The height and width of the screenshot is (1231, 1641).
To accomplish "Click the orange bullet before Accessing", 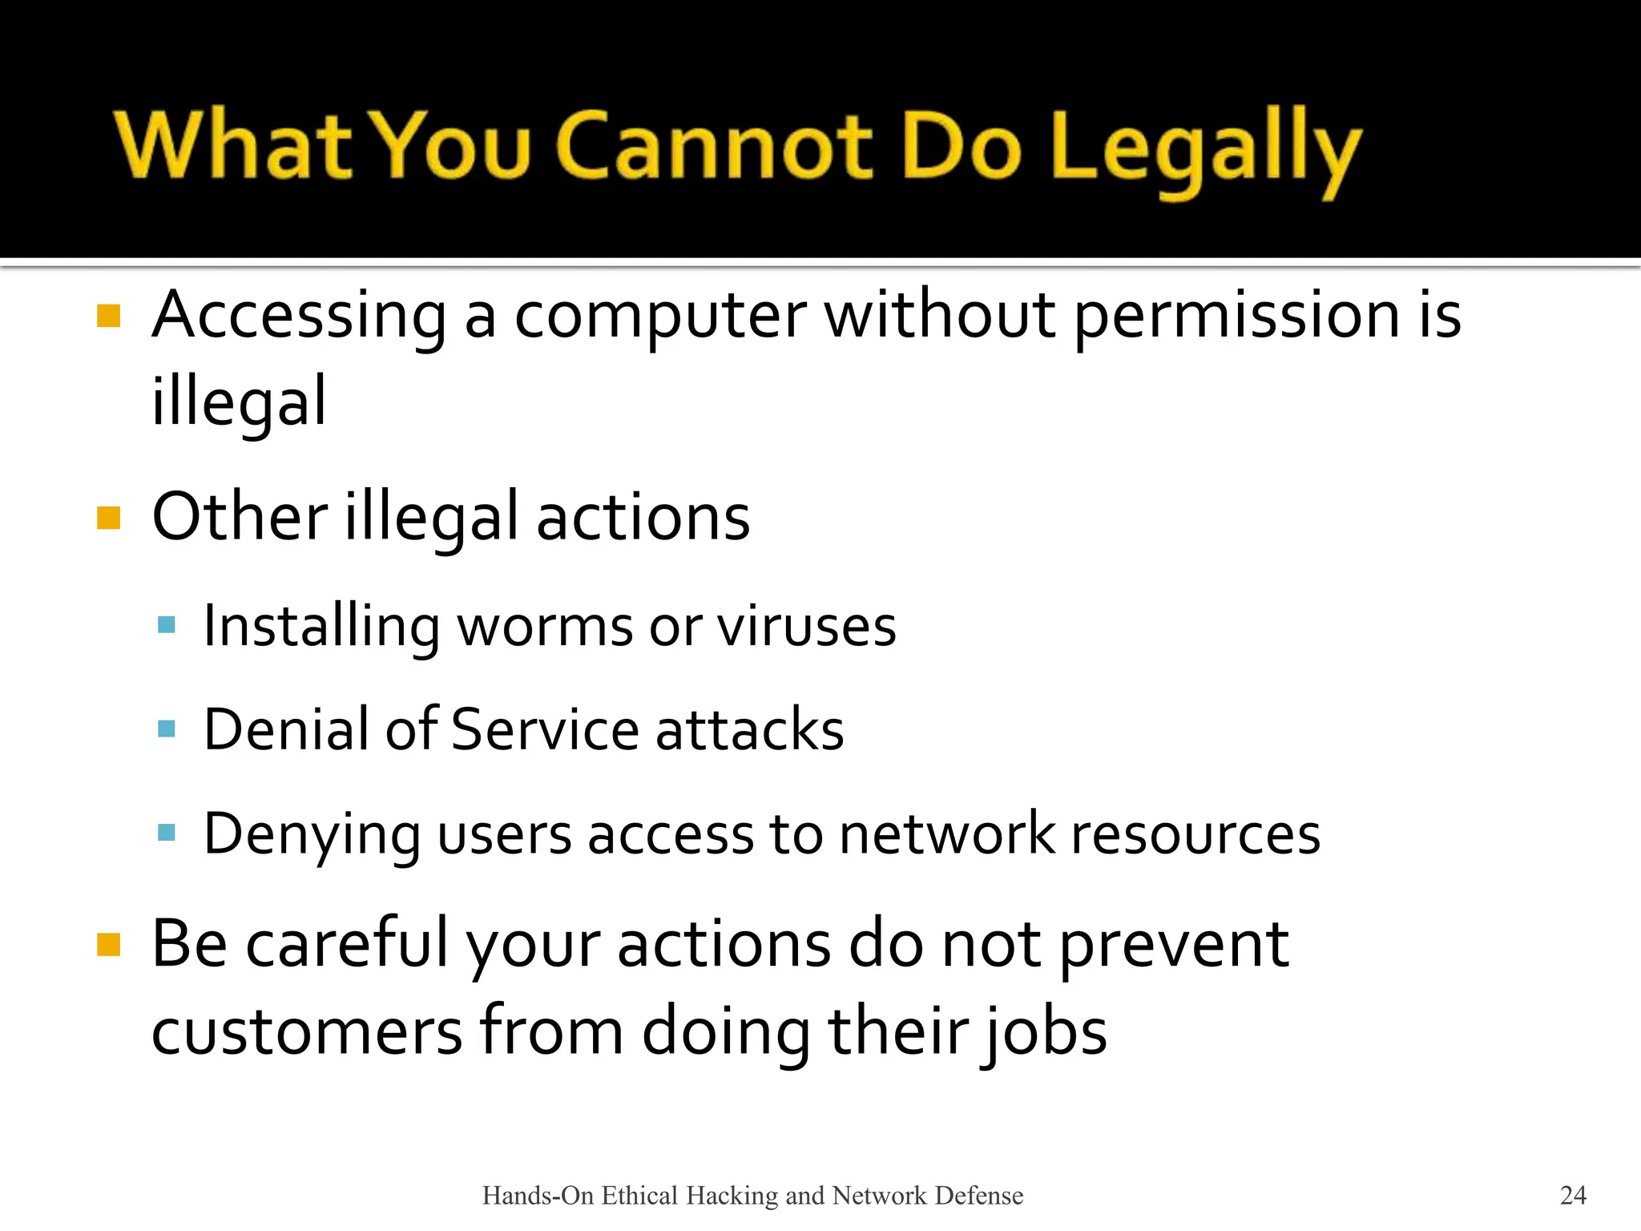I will point(108,316).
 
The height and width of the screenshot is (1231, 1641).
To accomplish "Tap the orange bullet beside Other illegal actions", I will point(108,518).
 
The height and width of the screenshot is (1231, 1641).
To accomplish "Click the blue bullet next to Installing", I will point(167,624).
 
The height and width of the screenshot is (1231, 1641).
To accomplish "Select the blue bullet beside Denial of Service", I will point(167,729).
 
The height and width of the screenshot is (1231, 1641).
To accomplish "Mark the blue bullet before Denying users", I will point(167,833).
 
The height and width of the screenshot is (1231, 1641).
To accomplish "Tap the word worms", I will point(545,626).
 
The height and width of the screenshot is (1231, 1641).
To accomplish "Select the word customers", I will point(307,1031).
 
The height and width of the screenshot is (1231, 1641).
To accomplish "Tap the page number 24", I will point(1573,1195).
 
